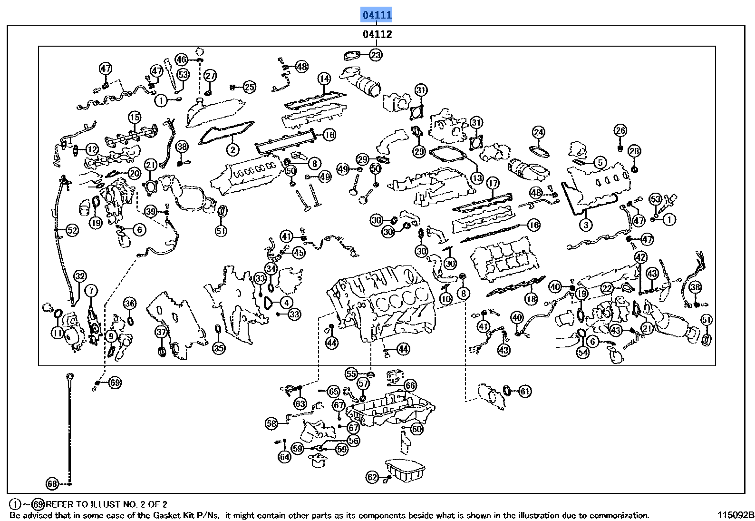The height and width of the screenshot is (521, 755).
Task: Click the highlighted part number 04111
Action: [x=377, y=15]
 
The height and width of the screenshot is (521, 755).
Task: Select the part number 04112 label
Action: [x=377, y=34]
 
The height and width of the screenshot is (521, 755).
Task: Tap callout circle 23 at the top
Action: [x=376, y=55]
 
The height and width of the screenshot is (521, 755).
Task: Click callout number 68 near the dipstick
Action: [x=52, y=484]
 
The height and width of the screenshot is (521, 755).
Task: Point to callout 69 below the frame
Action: [x=115, y=382]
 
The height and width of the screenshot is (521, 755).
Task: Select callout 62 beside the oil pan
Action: [x=372, y=477]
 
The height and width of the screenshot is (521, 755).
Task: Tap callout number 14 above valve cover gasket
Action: [x=324, y=79]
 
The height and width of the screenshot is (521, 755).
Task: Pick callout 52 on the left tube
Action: [x=72, y=231]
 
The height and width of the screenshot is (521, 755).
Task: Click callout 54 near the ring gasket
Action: [x=583, y=353]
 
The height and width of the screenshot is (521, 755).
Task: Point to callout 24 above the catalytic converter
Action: [x=538, y=132]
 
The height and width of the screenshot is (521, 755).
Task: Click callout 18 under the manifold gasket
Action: [x=531, y=299]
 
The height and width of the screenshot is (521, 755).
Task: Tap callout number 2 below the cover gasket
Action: [x=232, y=150]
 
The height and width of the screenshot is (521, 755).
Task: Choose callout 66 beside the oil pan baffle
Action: [x=410, y=385]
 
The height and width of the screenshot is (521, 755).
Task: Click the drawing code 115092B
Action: [x=736, y=515]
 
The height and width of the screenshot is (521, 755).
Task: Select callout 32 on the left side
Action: [x=79, y=276]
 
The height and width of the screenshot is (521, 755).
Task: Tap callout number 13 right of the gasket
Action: [x=477, y=178]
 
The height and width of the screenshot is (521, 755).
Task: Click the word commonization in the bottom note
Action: [x=620, y=515]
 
